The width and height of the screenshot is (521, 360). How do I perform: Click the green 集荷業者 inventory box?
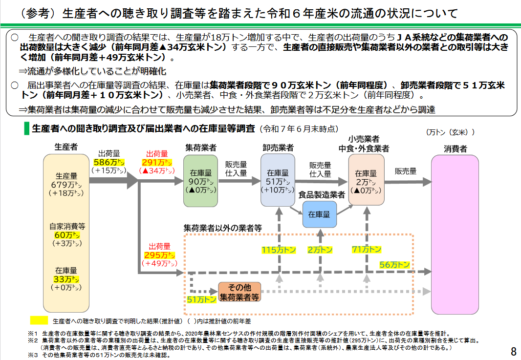[200, 181]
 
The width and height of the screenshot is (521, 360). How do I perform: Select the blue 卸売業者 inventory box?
[278, 181]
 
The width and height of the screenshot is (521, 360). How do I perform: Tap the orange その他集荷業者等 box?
[239, 292]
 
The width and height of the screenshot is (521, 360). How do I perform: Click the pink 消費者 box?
[455, 234]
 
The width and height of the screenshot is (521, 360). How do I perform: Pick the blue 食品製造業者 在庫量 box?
[320, 214]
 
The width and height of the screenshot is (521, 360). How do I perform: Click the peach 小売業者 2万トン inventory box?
[366, 181]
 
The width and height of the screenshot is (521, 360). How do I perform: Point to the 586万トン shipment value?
[109, 162]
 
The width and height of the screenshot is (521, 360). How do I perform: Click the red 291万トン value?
[156, 162]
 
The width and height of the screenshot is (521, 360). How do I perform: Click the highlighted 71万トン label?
[366, 249]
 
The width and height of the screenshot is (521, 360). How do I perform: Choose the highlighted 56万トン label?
[394, 265]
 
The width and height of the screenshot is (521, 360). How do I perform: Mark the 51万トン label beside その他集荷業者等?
[201, 299]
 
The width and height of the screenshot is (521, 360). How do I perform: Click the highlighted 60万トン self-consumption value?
[67, 235]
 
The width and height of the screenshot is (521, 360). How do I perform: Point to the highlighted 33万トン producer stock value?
[66, 279]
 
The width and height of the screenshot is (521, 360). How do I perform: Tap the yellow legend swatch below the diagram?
[39, 320]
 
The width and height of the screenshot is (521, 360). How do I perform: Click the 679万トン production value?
[66, 185]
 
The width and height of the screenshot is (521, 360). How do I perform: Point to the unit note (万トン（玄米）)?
[450, 132]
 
